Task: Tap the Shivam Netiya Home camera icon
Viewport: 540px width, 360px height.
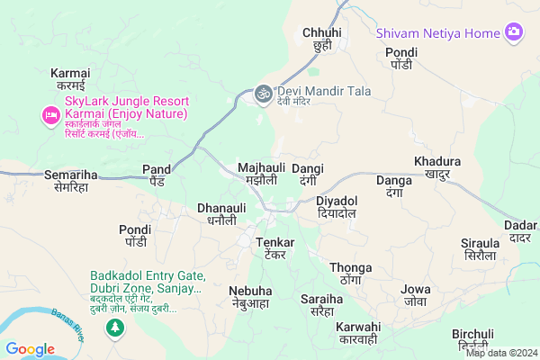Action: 514,33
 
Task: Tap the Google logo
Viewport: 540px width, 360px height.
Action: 30,349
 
